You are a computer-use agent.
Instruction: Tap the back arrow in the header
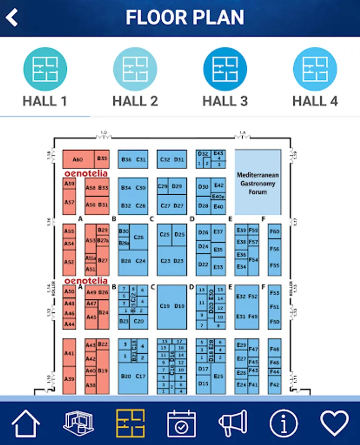pyautogui.click(x=12, y=18)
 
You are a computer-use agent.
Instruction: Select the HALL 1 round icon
pyautogui.click(x=45, y=69)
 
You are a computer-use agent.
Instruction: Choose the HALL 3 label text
pyautogui.click(x=225, y=101)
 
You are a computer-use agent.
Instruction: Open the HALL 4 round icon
pyautogui.click(x=315, y=69)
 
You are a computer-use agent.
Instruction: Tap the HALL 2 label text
pyautogui.click(x=135, y=101)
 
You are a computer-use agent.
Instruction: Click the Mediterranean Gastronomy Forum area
pyautogui.click(x=258, y=183)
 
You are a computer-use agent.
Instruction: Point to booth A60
pyautogui.click(x=78, y=160)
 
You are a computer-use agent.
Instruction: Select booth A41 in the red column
pyautogui.click(x=69, y=354)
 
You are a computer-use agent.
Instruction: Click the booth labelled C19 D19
pyautogui.click(x=172, y=307)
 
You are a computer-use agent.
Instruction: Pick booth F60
pyautogui.click(x=274, y=231)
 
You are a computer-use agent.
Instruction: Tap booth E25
pyautogui.click(x=218, y=376)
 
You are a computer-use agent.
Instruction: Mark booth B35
pyautogui.click(x=102, y=158)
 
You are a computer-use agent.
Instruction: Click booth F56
pyautogui.click(x=274, y=249)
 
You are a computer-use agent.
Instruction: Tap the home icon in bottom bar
pyautogui.click(x=26, y=423)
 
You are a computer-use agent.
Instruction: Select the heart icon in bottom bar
pyautogui.click(x=334, y=423)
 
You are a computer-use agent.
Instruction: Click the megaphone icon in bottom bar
pyautogui.click(x=232, y=423)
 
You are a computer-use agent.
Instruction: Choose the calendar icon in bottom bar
pyautogui.click(x=181, y=423)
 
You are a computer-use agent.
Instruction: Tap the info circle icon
pyautogui.click(x=283, y=423)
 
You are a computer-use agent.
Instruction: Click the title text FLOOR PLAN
pyautogui.click(x=184, y=18)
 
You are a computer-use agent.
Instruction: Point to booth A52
pyautogui.click(x=69, y=262)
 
